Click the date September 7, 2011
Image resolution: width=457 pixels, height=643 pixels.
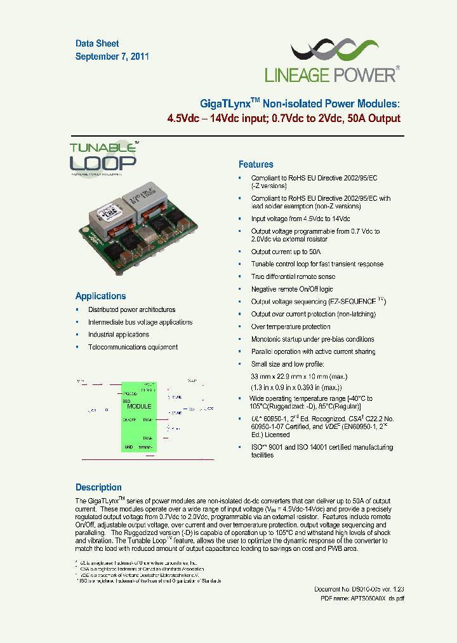coord(112,57)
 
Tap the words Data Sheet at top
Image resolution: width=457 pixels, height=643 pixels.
coord(97,44)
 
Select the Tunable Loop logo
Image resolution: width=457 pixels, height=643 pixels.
coord(103,158)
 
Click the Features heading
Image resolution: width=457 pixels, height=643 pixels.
coord(256,164)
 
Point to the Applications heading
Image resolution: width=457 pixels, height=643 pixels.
coord(100,296)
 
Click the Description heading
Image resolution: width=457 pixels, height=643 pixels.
coord(98,487)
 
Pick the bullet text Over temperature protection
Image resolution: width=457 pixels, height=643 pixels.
coord(291,327)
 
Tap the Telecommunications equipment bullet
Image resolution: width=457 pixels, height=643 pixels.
coord(133,347)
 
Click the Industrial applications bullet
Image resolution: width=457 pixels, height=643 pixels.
coord(119,334)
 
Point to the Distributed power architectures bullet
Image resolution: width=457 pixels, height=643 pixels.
coord(131,309)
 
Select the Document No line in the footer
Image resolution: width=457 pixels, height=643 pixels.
coord(359,590)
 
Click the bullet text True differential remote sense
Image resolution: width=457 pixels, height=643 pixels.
coord(293,276)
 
